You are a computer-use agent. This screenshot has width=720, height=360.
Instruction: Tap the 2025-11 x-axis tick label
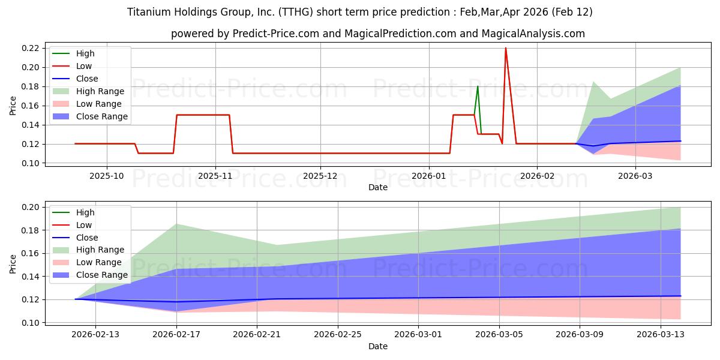(x=215, y=176)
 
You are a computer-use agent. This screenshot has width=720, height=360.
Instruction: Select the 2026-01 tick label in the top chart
(x=428, y=176)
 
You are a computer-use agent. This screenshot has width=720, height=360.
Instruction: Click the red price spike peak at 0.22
(x=505, y=48)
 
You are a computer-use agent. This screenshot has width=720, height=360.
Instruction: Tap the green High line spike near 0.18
(x=478, y=86)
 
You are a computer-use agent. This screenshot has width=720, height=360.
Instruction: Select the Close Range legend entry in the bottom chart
(x=101, y=275)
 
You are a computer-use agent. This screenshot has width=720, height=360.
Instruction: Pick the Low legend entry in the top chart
(x=84, y=66)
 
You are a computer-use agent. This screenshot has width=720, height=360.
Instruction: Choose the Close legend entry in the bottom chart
(x=86, y=238)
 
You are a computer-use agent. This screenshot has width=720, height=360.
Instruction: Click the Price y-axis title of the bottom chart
(x=13, y=263)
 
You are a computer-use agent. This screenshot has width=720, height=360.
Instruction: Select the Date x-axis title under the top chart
(x=378, y=187)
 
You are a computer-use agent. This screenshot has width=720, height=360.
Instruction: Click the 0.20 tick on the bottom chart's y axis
(x=32, y=207)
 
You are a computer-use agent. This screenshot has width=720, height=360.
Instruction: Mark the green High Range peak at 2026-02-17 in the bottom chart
(x=176, y=224)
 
